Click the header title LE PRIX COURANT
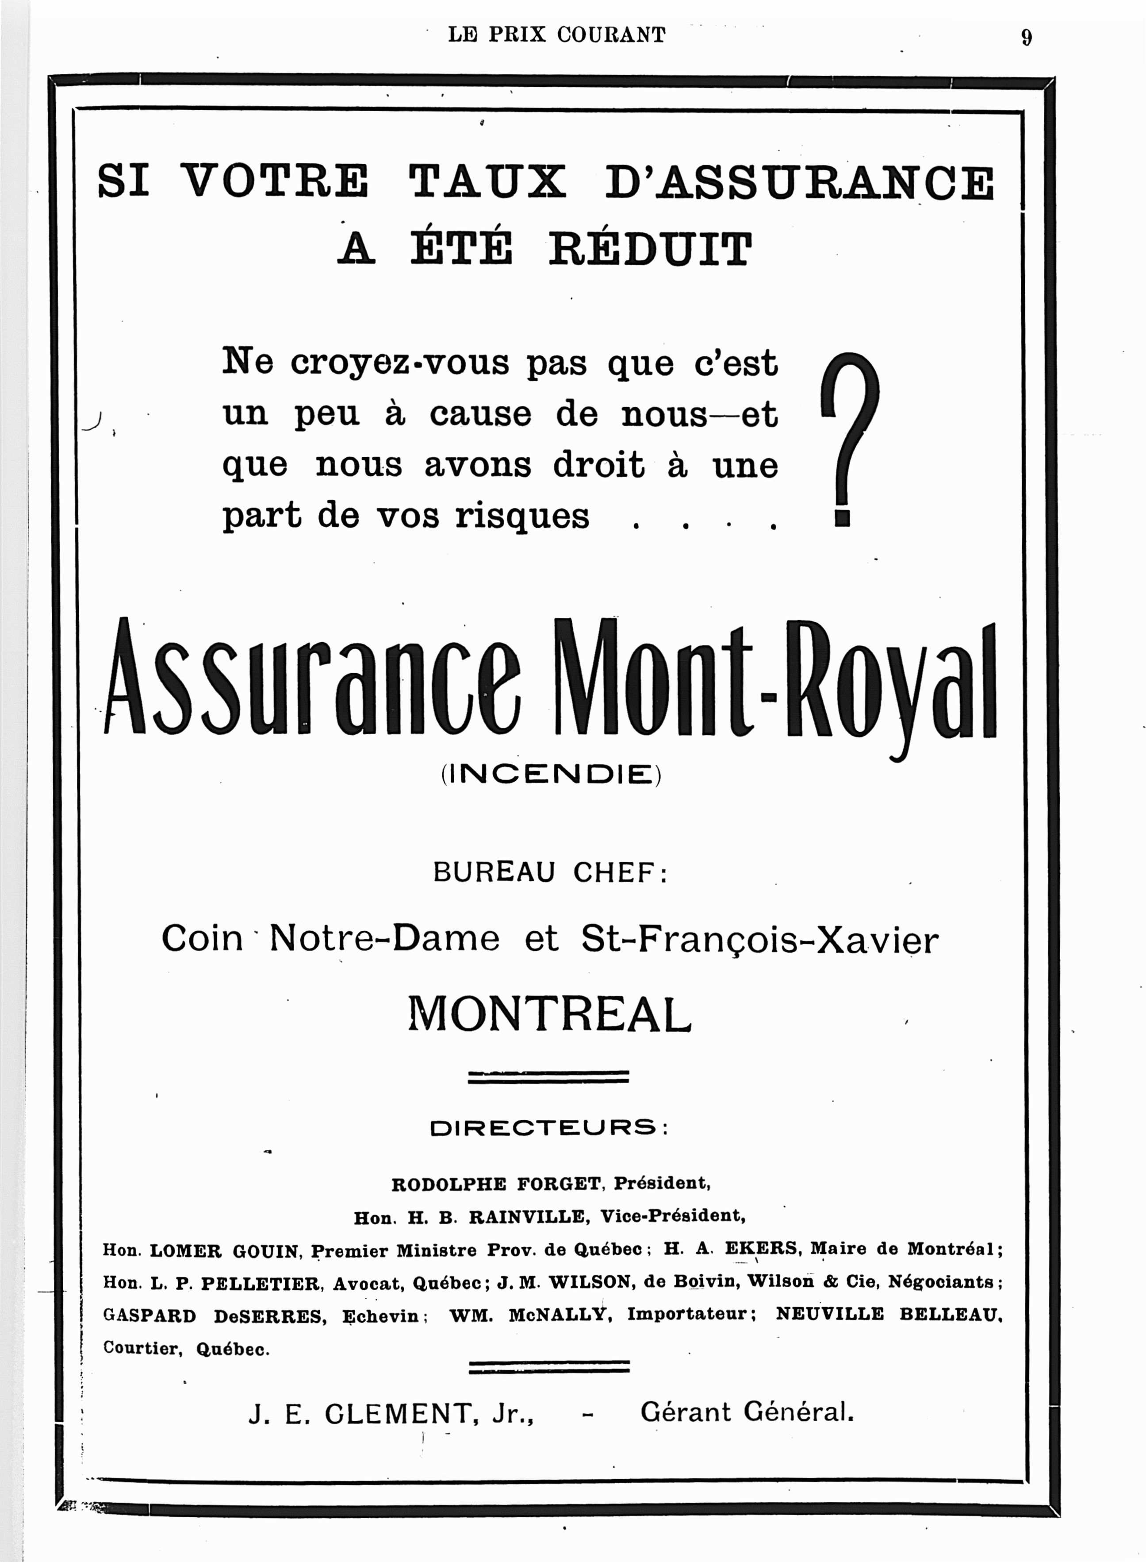tap(556, 35)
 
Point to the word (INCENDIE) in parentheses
tap(551, 773)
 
